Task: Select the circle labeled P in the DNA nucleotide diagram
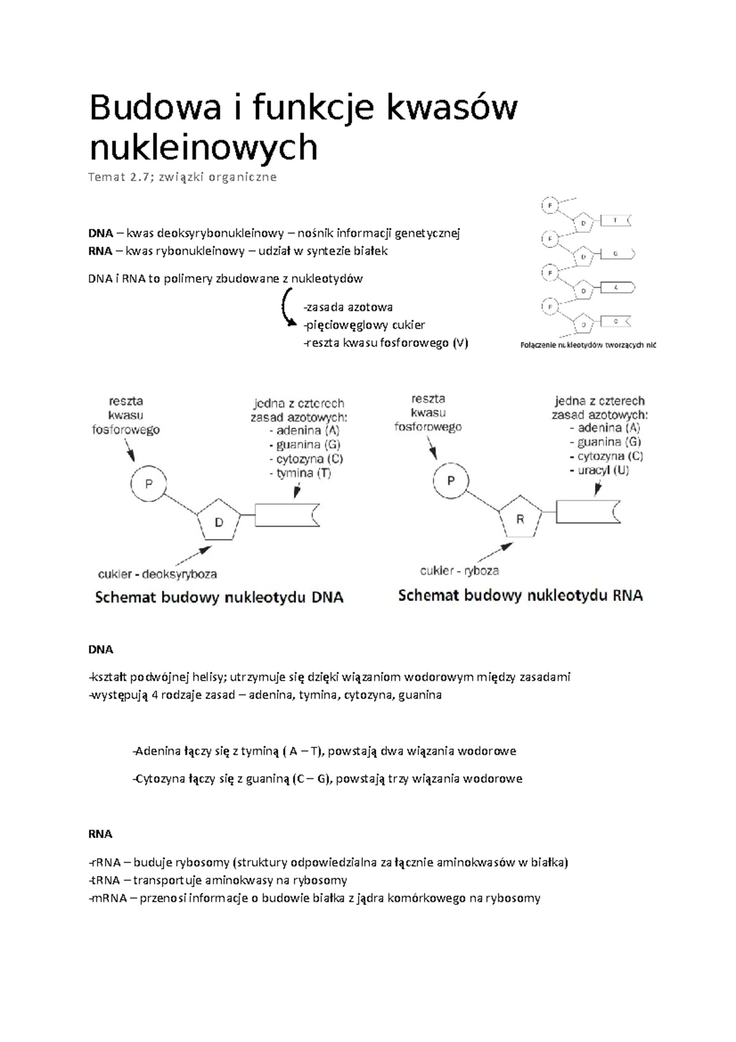(x=148, y=484)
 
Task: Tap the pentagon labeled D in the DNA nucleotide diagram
(x=218, y=522)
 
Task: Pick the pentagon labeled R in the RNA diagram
(x=520, y=519)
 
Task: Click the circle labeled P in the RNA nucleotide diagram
(x=451, y=480)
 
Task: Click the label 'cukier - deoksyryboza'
(x=158, y=574)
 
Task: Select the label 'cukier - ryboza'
(x=459, y=571)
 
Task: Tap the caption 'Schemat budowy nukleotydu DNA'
(x=219, y=598)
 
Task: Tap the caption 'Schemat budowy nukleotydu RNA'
(x=521, y=595)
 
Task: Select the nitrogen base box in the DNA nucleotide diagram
(x=287, y=515)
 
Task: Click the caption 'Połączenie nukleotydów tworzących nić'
(x=588, y=345)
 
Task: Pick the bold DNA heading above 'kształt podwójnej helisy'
(x=101, y=649)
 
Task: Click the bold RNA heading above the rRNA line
(x=101, y=834)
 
